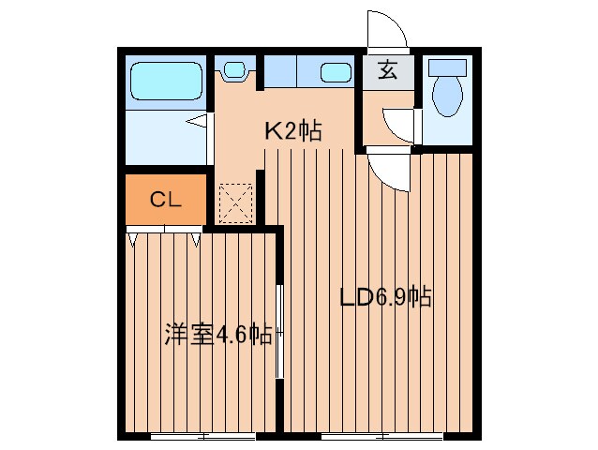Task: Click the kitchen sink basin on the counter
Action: [x=334, y=71]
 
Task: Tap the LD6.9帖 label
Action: [x=385, y=299]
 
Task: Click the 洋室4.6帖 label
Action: [x=218, y=335]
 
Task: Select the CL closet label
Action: [x=165, y=200]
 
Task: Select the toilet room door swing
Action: [x=398, y=125]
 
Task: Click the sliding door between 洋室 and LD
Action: [x=279, y=328]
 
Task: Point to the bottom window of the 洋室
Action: [x=202, y=436]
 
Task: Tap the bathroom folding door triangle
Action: [x=198, y=120]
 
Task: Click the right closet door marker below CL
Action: [x=197, y=240]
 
